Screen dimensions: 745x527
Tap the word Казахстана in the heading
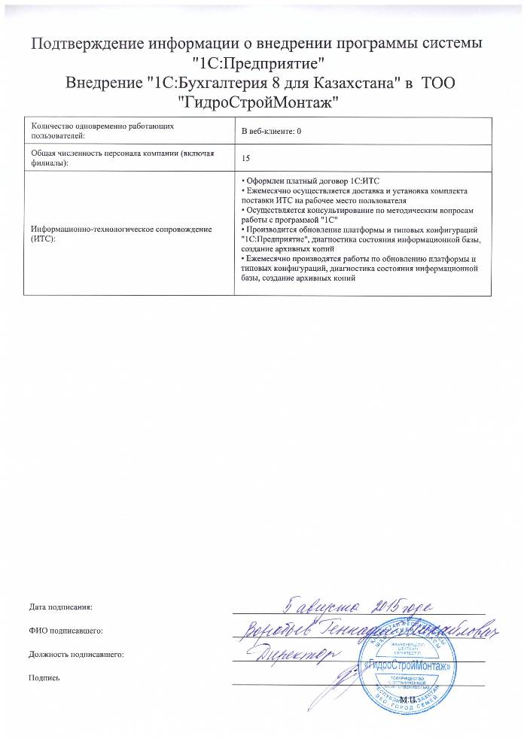334,81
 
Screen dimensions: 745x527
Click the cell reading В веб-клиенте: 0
271,132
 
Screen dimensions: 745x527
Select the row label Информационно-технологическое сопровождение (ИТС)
120,230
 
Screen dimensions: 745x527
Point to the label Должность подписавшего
75,655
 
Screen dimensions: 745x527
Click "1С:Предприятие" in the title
263,62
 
